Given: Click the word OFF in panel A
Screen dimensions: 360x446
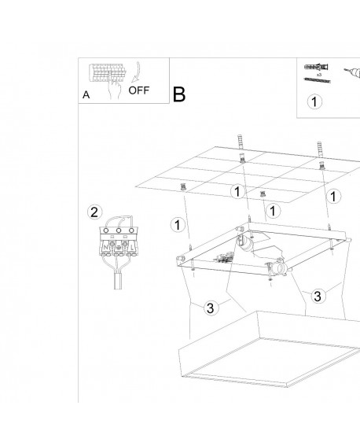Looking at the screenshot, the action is (x=138, y=90).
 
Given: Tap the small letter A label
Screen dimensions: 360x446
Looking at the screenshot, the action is (x=86, y=94).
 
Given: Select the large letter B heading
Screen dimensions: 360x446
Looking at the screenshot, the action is (x=179, y=94).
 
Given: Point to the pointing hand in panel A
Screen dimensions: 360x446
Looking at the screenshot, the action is (x=114, y=87).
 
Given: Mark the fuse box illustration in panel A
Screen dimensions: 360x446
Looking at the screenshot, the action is (x=108, y=73).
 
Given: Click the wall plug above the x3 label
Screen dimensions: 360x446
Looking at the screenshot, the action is (x=317, y=67).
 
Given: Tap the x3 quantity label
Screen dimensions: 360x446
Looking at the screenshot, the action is (x=319, y=75).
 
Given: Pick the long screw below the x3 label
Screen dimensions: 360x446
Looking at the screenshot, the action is (x=317, y=80).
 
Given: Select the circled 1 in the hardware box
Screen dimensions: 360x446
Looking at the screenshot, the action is (x=314, y=101).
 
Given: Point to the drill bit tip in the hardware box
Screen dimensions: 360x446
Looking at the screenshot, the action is (x=345, y=69).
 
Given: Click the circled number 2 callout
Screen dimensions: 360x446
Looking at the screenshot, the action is (x=94, y=212).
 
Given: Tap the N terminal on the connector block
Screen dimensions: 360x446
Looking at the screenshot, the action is (x=105, y=248).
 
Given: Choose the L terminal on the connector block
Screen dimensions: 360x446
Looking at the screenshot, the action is (x=132, y=248).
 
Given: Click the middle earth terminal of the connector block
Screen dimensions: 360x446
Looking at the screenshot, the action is (x=119, y=248).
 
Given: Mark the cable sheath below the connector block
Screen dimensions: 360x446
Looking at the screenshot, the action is (x=118, y=281).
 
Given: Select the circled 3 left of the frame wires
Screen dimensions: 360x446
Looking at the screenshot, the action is (x=211, y=308).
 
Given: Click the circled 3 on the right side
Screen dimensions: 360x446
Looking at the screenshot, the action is (x=318, y=296).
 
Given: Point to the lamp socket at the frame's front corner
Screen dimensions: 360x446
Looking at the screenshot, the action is (x=279, y=268).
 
